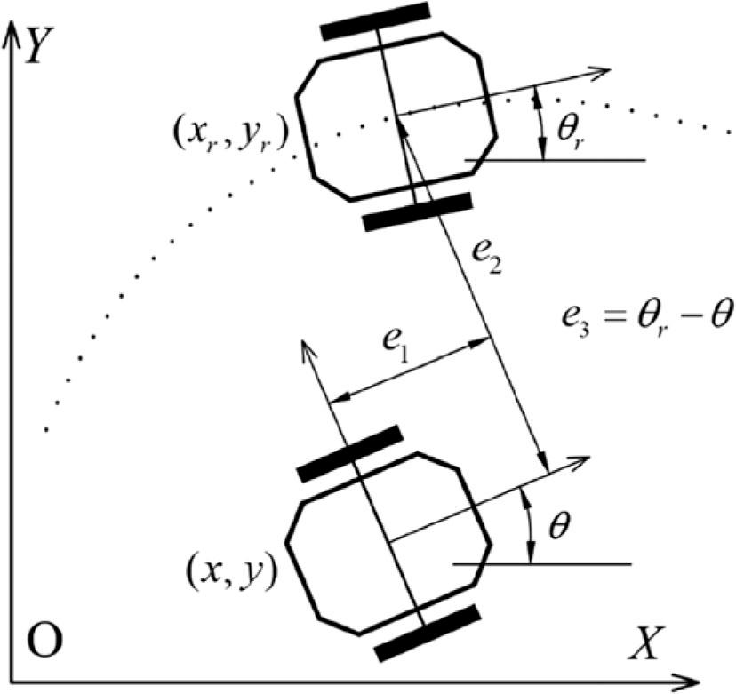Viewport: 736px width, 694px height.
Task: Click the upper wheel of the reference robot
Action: coord(377,20)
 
